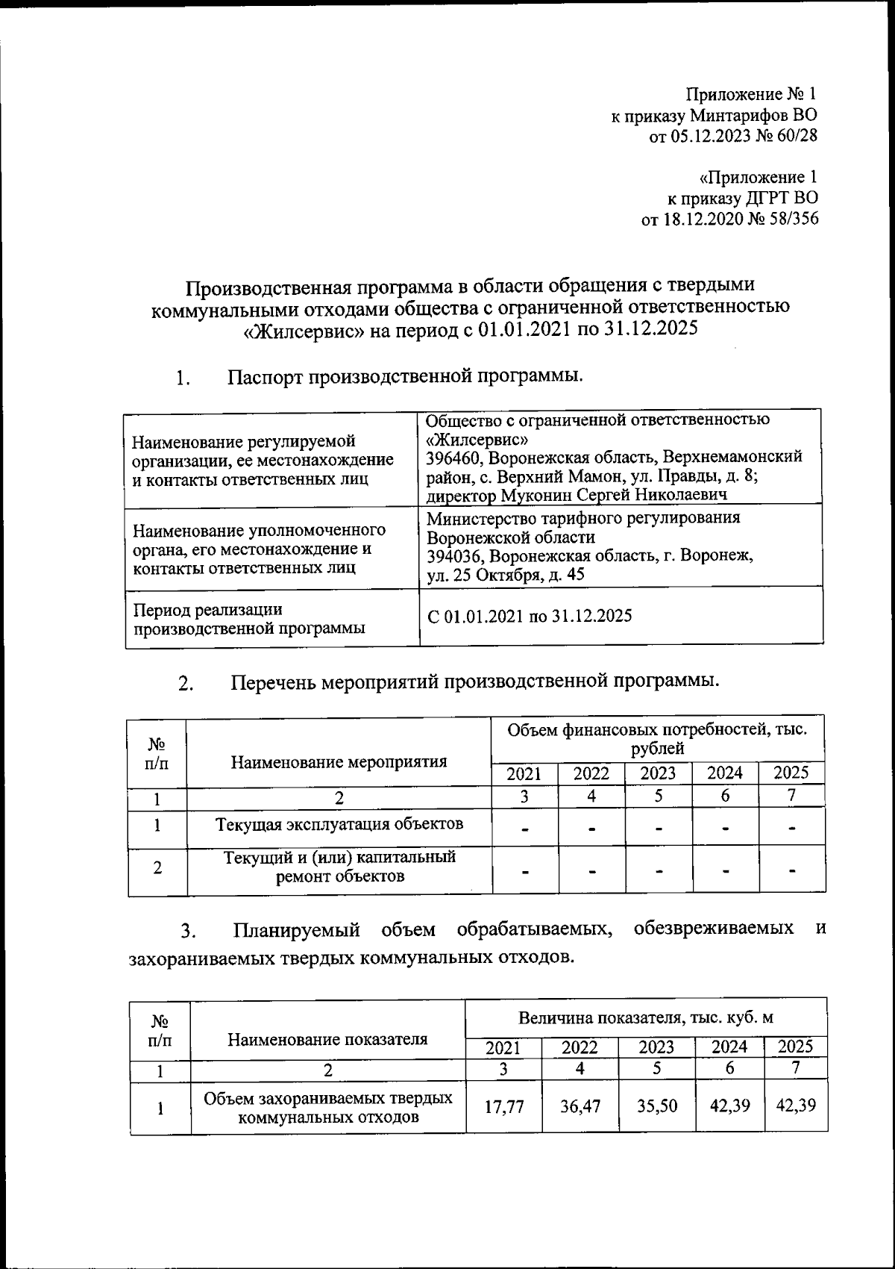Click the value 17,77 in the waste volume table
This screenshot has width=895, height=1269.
504,1106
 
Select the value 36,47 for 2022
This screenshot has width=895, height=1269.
580,1106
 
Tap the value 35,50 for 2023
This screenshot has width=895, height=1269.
657,1106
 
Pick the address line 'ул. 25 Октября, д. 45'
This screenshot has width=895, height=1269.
506,575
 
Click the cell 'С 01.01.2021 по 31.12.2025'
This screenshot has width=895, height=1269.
530,616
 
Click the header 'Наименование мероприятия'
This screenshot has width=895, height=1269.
339,762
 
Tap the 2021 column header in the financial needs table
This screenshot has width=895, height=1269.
524,774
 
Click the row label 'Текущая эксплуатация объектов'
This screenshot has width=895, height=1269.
339,824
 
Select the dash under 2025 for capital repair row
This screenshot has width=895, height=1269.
792,870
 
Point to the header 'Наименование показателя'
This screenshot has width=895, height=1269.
327,1039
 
